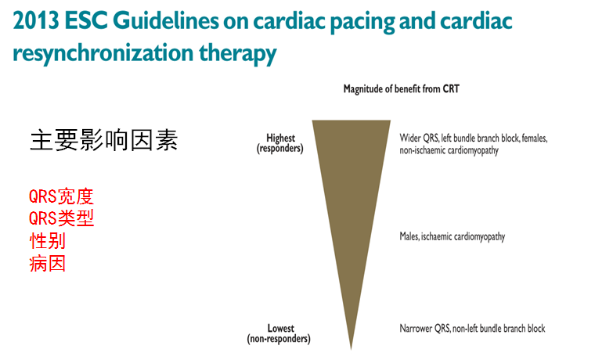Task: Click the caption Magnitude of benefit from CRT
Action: (x=401, y=89)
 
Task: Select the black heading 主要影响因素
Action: (x=103, y=140)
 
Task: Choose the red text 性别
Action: (x=47, y=240)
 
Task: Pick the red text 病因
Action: (x=47, y=263)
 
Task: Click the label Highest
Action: (x=280, y=139)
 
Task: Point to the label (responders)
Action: (x=280, y=149)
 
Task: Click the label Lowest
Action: (x=280, y=329)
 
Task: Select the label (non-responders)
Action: (x=279, y=339)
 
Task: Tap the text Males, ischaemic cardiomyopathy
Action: (x=453, y=237)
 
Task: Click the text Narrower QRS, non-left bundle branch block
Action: (x=472, y=329)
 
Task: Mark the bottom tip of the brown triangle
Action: (x=351, y=347)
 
